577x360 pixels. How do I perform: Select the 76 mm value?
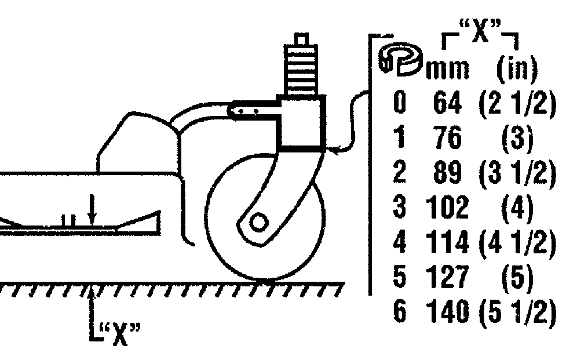[447, 139]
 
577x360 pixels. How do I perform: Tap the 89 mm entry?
[447, 173]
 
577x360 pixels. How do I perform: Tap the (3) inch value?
[518, 139]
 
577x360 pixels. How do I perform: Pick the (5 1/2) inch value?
[517, 313]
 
